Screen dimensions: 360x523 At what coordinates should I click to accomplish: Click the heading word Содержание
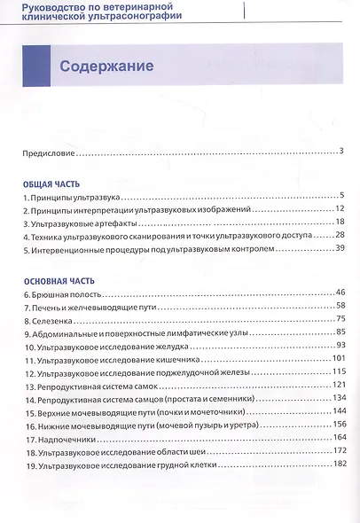coord(106,66)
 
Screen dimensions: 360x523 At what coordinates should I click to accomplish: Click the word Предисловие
coord(50,152)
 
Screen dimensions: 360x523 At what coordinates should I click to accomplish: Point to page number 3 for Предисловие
coord(340,151)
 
